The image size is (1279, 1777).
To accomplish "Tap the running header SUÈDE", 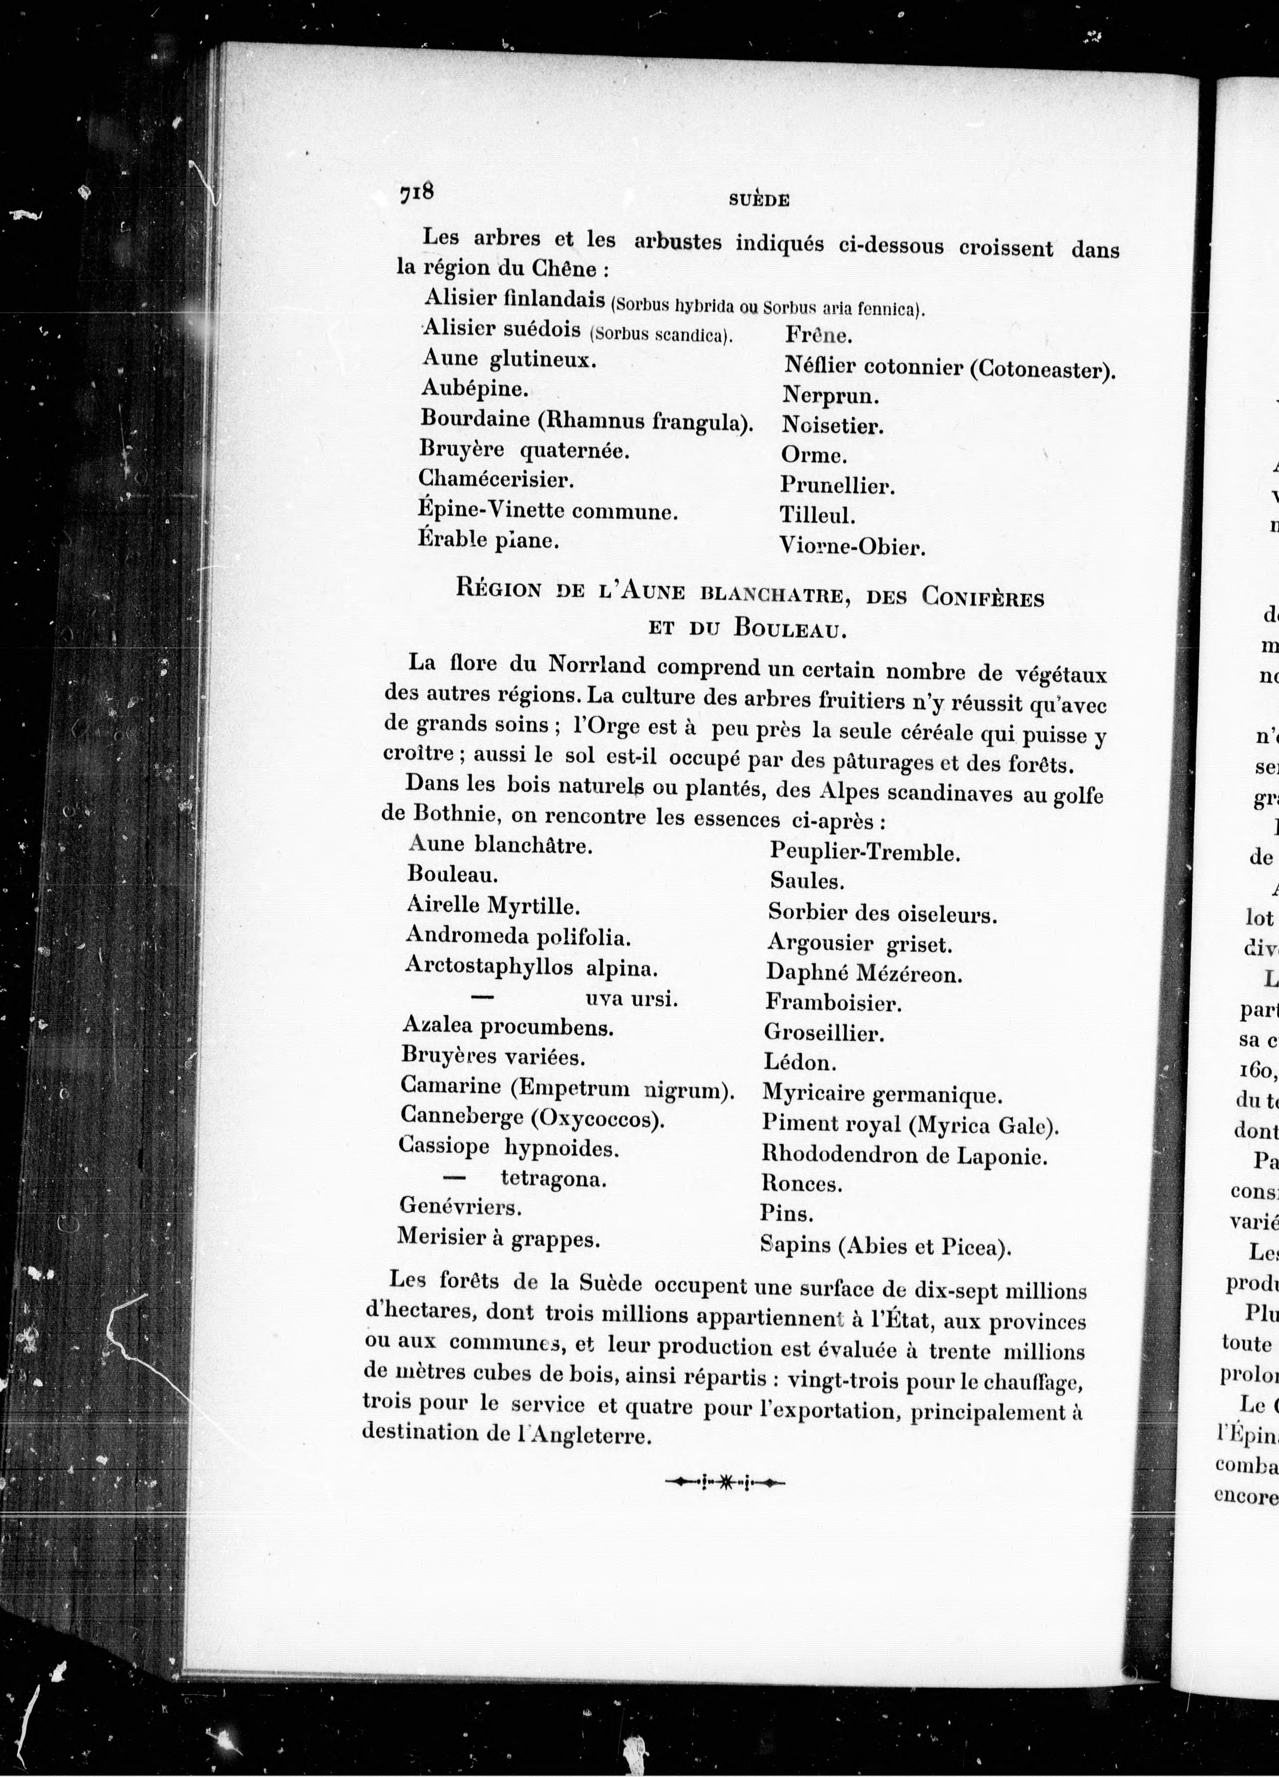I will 759,200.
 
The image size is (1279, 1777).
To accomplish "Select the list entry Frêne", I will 818,335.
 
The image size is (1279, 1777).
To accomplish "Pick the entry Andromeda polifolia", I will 518,936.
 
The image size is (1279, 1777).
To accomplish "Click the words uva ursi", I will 631,999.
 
